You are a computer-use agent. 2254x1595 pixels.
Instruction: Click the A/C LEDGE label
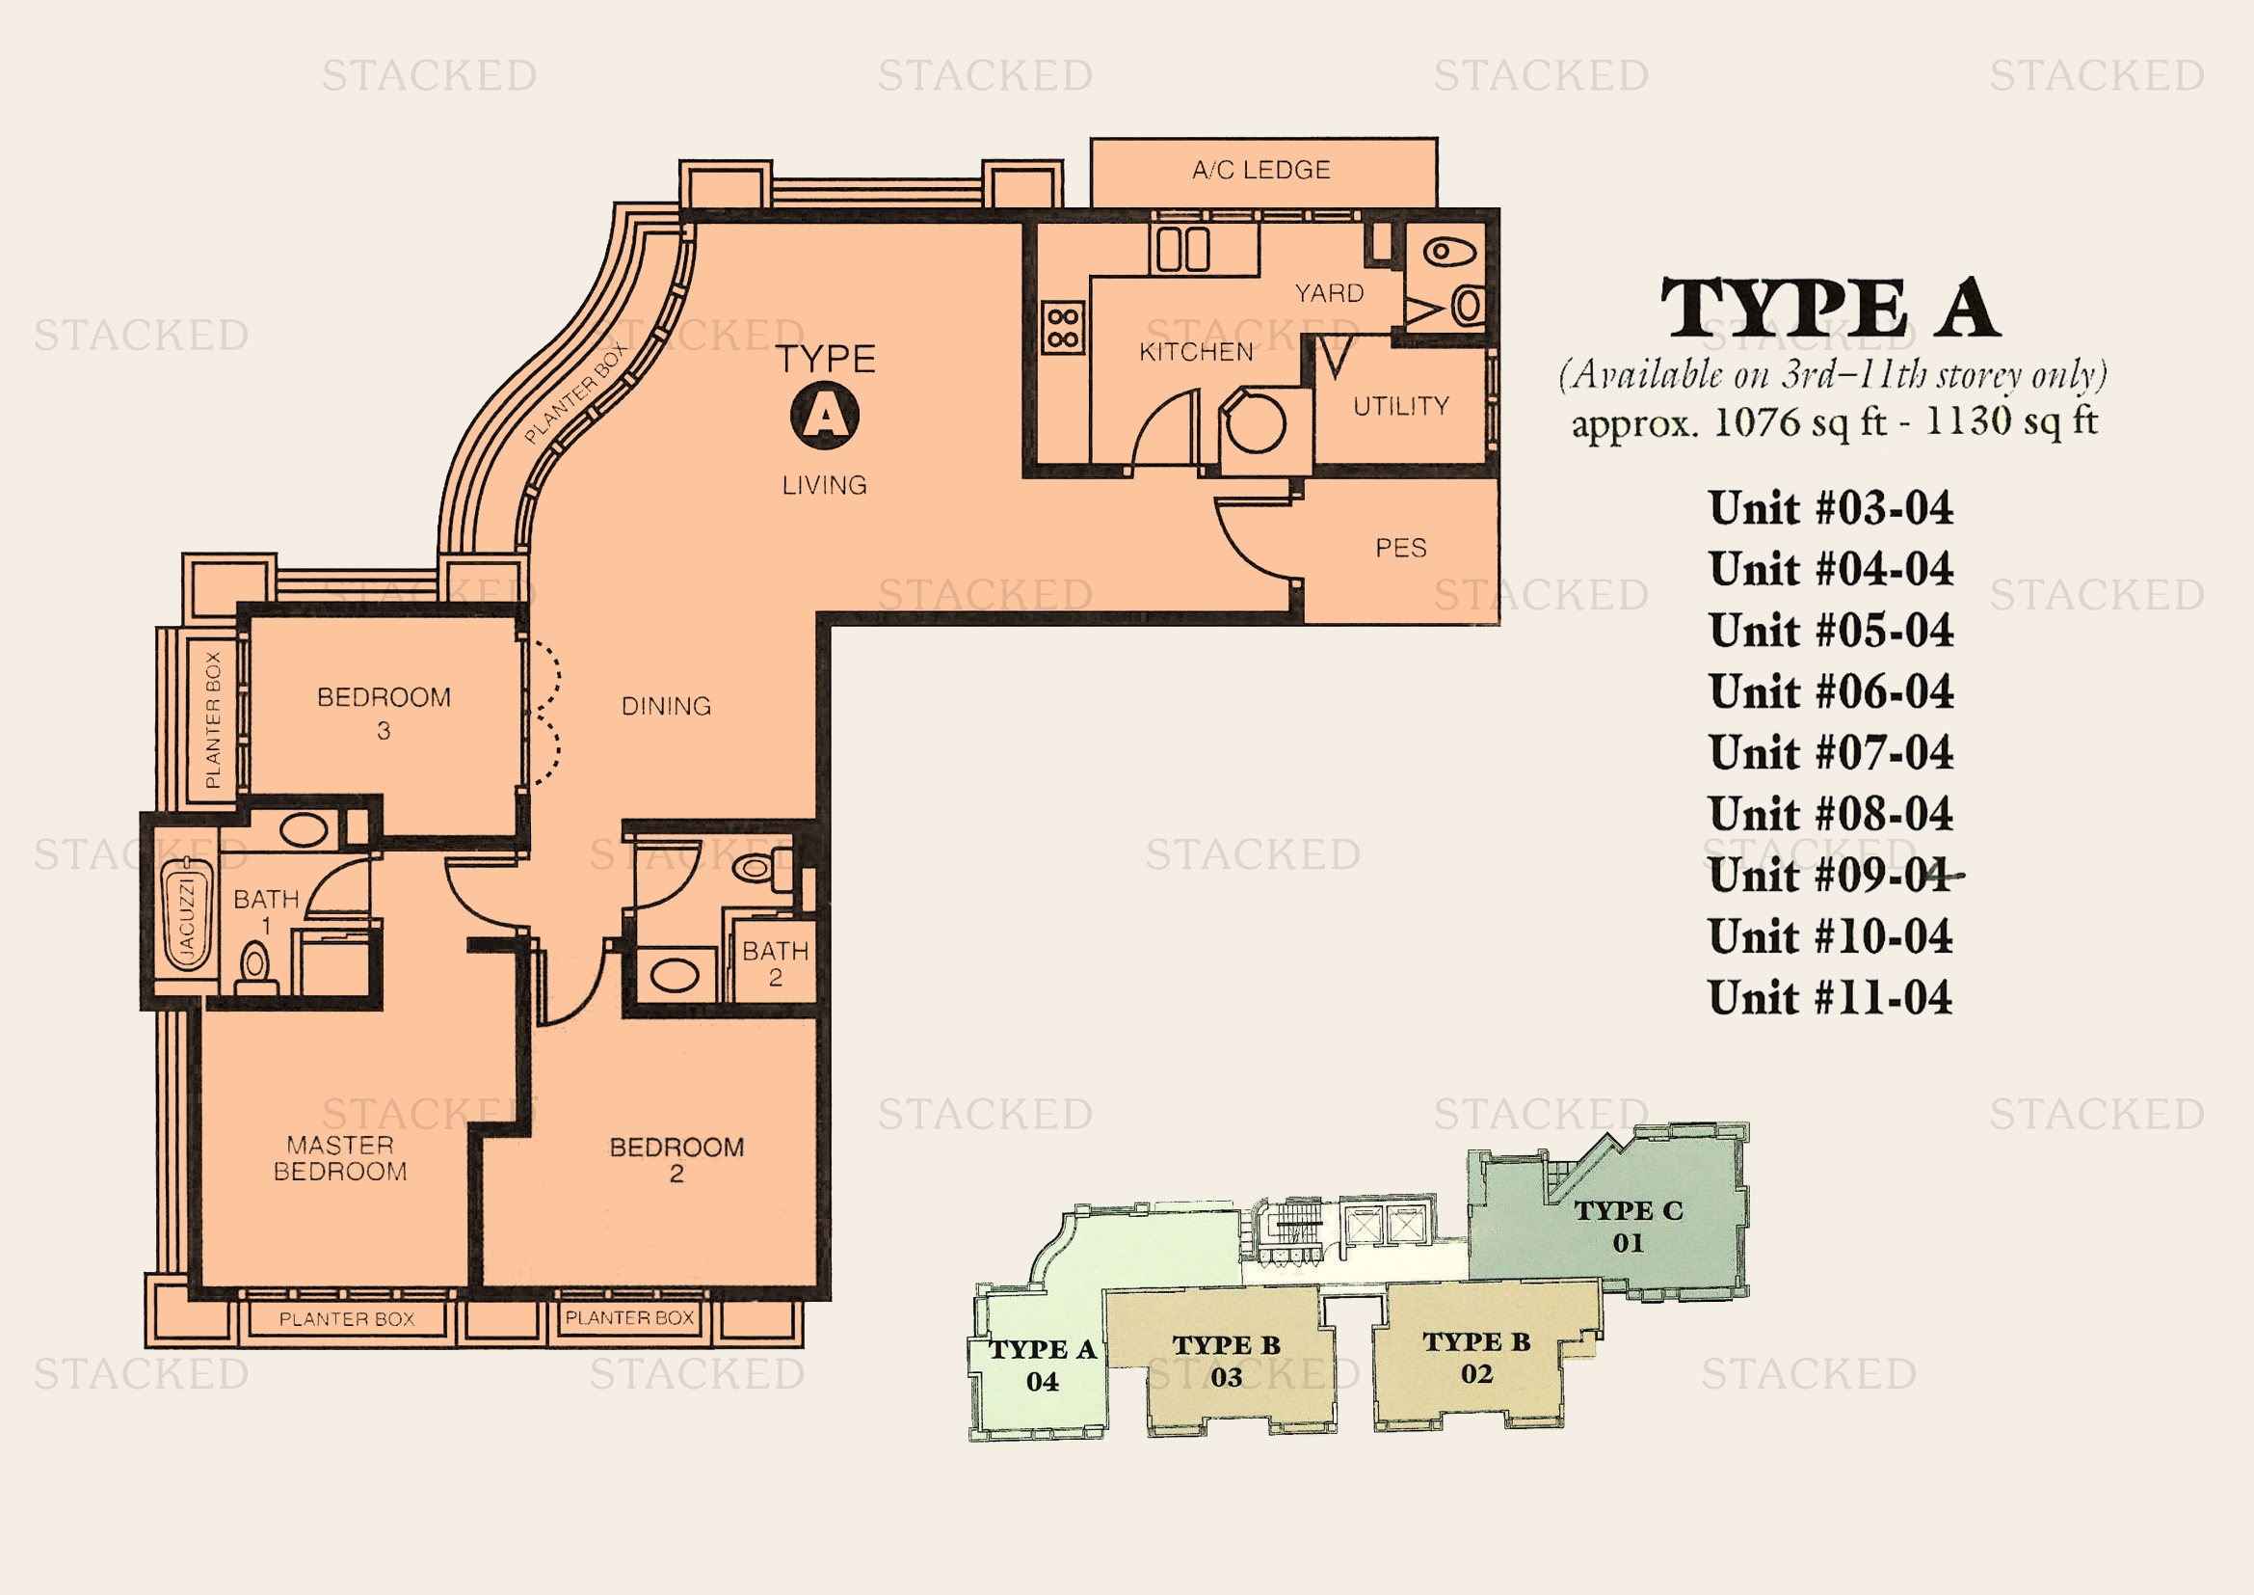(x=1261, y=170)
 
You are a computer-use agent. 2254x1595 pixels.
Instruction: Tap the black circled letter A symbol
(x=825, y=416)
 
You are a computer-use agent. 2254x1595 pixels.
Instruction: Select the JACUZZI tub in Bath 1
(x=188, y=914)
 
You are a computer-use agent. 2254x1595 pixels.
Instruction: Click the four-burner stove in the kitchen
(x=1063, y=327)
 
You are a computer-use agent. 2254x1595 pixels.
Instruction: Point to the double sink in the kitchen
(x=1183, y=250)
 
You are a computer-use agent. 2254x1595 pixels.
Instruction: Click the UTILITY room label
(x=1401, y=407)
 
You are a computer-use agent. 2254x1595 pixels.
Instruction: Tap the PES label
(x=1401, y=548)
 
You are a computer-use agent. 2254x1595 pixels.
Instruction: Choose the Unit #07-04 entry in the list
(x=1831, y=753)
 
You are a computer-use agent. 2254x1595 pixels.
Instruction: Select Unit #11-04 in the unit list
(x=1831, y=998)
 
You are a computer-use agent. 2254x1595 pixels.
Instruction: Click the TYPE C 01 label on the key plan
(x=1629, y=1227)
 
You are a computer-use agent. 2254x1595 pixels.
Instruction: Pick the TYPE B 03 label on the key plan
(x=1226, y=1362)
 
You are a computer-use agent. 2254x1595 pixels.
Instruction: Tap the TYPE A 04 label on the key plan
(x=1043, y=1365)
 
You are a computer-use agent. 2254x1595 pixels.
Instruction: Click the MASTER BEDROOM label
(x=339, y=1159)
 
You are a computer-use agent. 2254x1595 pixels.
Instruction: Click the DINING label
(x=667, y=706)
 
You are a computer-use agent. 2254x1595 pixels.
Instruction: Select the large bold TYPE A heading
(x=1830, y=309)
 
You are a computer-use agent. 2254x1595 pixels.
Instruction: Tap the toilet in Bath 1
(x=255, y=967)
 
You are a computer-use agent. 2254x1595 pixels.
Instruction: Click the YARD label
(x=1329, y=294)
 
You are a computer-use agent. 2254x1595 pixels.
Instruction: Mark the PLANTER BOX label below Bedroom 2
(x=629, y=1318)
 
